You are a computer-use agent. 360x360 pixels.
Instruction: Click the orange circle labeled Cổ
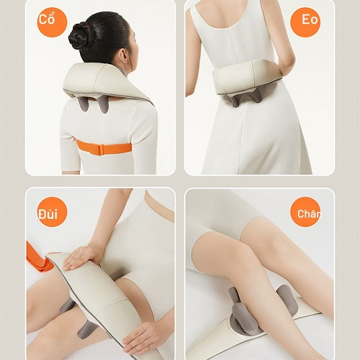(52, 22)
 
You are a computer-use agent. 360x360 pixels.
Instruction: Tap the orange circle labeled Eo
(305, 22)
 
